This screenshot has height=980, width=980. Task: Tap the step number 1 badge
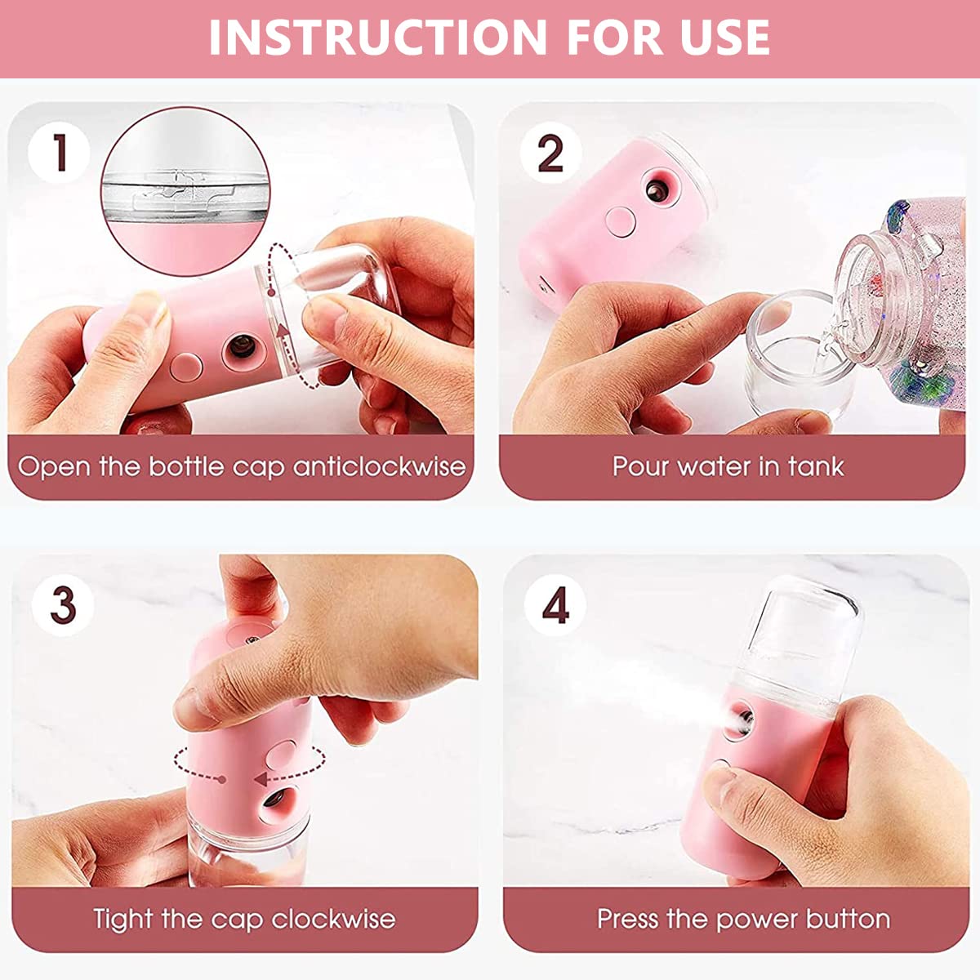[59, 153]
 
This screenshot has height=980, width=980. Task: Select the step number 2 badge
[550, 153]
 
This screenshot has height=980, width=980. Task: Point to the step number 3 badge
[63, 605]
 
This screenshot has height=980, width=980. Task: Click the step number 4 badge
[555, 606]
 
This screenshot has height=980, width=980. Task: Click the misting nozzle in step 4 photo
[743, 722]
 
